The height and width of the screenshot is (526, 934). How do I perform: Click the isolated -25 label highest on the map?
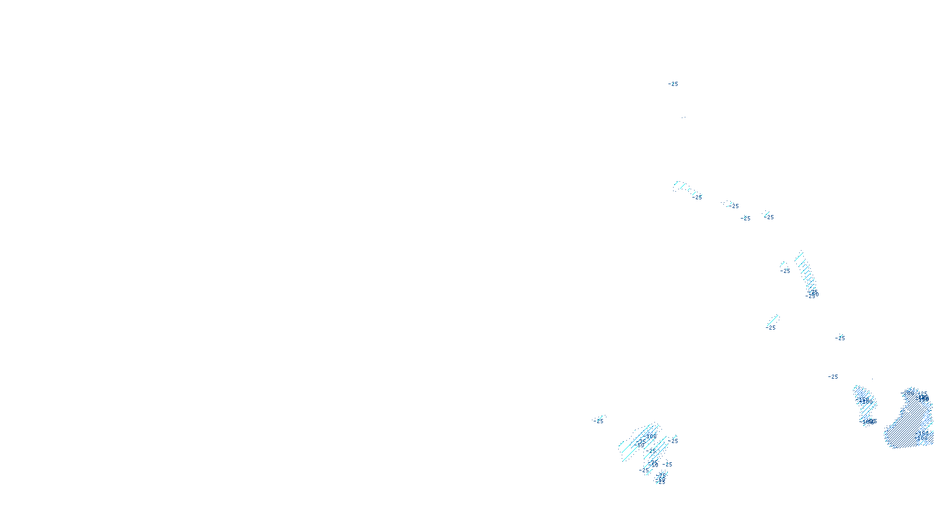(x=673, y=84)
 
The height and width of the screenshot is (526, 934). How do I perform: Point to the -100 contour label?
(x=651, y=436)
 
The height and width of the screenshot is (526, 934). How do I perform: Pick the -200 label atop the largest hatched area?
(x=909, y=393)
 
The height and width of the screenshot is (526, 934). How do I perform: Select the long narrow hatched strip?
(x=806, y=272)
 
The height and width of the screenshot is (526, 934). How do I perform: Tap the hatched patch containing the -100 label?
(x=642, y=447)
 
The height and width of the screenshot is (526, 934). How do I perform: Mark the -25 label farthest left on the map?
(x=598, y=421)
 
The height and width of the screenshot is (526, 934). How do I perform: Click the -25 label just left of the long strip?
(x=786, y=271)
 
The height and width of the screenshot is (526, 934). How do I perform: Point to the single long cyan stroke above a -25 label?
(x=773, y=320)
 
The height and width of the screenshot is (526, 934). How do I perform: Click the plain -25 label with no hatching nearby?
(x=833, y=377)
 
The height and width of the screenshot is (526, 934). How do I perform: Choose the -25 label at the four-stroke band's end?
(x=698, y=198)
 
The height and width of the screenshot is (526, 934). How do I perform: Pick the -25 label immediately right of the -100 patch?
(x=674, y=441)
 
